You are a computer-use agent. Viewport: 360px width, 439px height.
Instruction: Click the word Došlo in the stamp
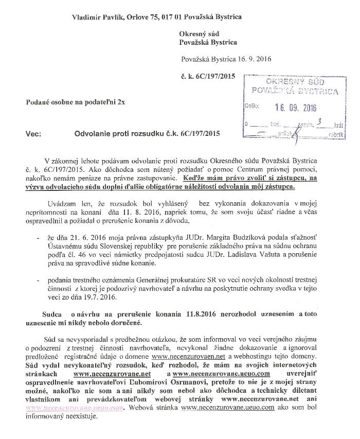253,107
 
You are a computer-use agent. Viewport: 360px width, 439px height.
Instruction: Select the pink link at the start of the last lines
75,407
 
